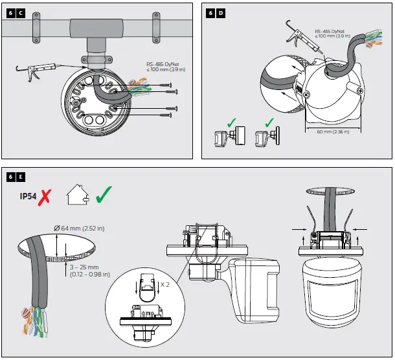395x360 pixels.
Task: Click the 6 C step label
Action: (15, 13)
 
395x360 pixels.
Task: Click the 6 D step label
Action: (216, 13)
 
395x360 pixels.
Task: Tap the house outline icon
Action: (77, 194)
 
